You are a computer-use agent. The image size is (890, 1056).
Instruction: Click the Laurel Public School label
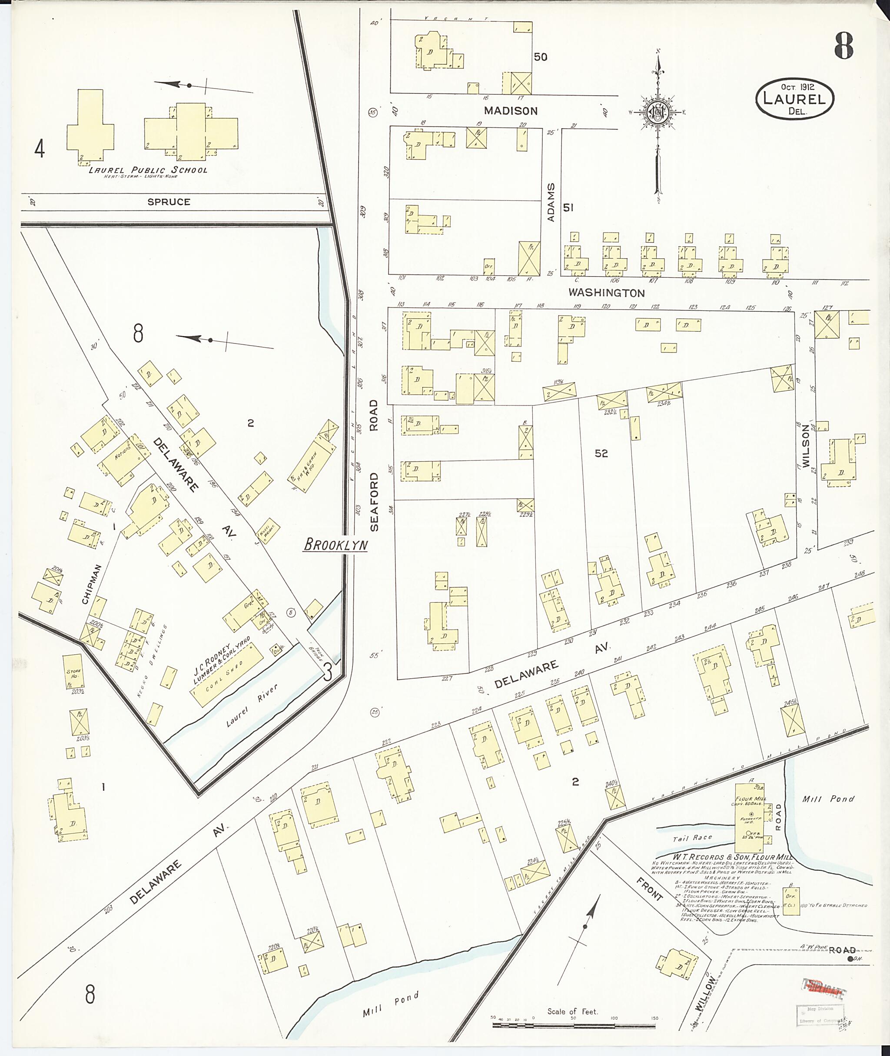click(148, 170)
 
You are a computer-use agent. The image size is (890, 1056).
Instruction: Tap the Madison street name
click(511, 110)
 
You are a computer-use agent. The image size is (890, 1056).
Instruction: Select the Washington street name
click(607, 293)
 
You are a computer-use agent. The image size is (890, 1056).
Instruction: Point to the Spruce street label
click(169, 202)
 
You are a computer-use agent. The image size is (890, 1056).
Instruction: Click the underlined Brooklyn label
click(335, 545)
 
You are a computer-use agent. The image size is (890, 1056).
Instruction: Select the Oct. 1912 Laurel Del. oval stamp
click(794, 98)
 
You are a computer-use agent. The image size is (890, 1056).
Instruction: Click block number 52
click(601, 453)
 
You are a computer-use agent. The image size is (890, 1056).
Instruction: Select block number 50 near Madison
click(540, 57)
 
